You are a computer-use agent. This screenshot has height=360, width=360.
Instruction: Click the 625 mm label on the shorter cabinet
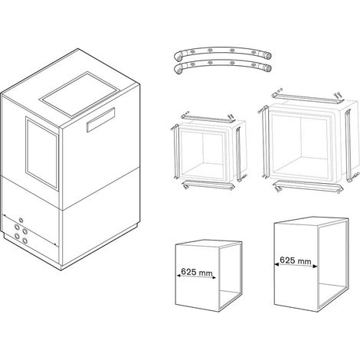(197, 272)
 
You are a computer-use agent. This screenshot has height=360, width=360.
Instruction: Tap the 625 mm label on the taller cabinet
(296, 260)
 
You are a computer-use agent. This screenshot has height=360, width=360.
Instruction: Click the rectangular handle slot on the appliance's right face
(100, 119)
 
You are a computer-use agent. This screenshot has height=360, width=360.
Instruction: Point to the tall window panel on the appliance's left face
(42, 153)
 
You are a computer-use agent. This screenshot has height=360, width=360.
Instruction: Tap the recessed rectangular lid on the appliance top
(80, 93)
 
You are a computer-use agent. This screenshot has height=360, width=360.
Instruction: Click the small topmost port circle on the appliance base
(21, 220)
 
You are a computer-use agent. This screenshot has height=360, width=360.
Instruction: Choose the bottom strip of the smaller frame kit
(208, 185)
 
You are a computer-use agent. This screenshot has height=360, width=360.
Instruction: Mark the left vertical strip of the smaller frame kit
(176, 152)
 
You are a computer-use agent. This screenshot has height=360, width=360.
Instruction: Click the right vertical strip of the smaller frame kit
(238, 154)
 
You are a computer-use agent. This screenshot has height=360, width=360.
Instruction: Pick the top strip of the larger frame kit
(308, 98)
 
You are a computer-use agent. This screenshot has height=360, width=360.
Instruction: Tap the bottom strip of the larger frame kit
(309, 186)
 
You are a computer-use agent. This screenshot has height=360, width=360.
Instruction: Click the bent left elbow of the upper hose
(178, 56)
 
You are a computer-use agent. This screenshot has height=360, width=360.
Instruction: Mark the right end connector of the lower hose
(267, 68)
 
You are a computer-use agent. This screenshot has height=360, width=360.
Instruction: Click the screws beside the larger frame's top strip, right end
(338, 95)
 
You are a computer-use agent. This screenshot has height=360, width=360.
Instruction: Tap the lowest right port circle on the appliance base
(25, 241)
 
